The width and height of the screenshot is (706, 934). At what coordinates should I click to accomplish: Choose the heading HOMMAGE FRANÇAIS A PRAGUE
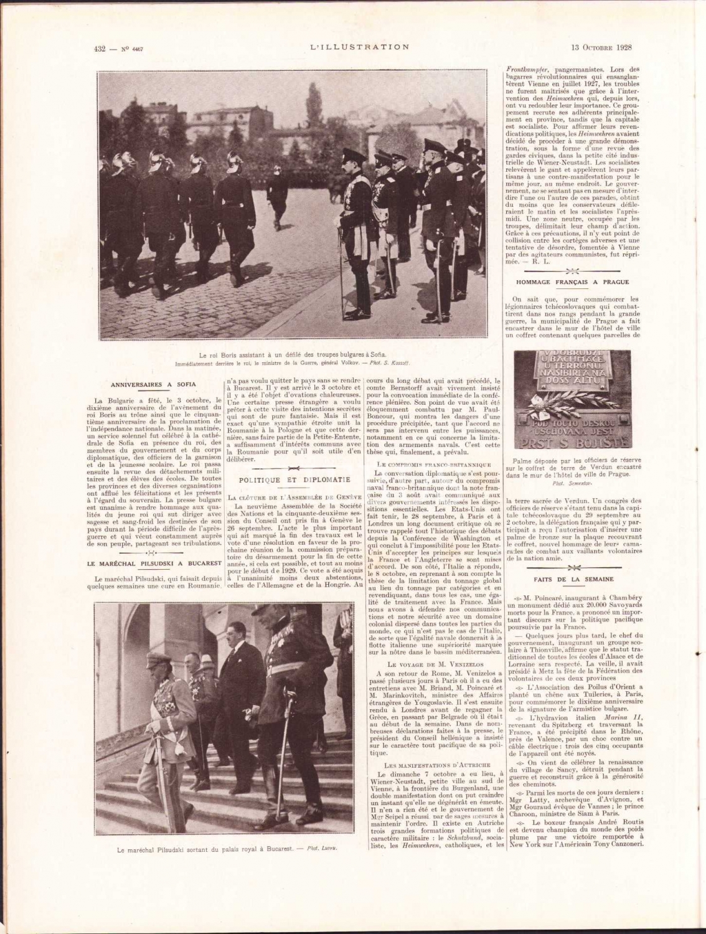572,282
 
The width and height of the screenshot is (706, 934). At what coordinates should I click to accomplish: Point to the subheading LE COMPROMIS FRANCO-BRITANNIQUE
434,465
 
